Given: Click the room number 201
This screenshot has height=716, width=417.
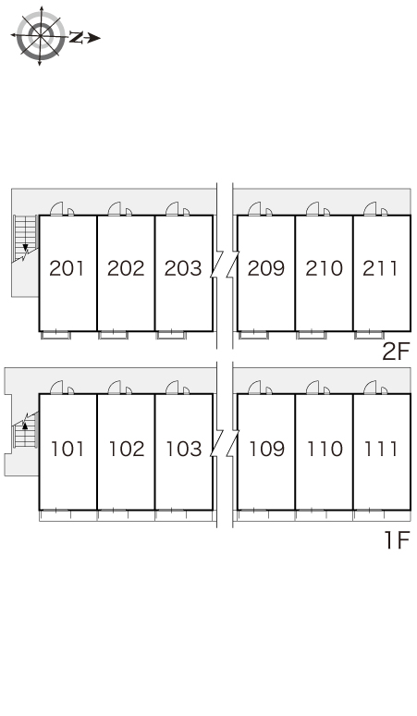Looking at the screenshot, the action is pyautogui.click(x=67, y=268).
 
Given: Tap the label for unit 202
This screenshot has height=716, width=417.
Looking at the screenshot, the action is pyautogui.click(x=126, y=268).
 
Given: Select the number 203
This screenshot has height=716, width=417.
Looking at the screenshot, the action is pyautogui.click(x=183, y=268).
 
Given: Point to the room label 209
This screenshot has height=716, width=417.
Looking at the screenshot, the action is pyautogui.click(x=266, y=268).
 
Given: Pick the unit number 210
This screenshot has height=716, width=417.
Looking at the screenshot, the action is pyautogui.click(x=324, y=268).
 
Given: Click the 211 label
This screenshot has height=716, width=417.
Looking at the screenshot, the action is pyautogui.click(x=380, y=268).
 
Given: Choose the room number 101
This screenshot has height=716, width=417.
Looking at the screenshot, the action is pyautogui.click(x=67, y=449).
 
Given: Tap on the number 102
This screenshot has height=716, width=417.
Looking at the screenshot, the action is pyautogui.click(x=126, y=449).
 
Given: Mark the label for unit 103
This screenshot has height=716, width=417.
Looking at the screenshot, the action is pyautogui.click(x=183, y=449).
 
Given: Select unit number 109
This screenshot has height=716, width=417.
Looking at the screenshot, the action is pyautogui.click(x=266, y=449).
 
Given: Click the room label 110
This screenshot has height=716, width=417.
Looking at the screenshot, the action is pyautogui.click(x=325, y=449).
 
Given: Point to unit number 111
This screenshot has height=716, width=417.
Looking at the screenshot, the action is pyautogui.click(x=380, y=449).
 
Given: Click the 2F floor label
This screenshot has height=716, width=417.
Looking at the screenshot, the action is pyautogui.click(x=396, y=352).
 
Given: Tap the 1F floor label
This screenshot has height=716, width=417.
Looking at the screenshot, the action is pyautogui.click(x=398, y=540).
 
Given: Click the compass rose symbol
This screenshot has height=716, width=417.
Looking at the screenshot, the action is pyautogui.click(x=41, y=36).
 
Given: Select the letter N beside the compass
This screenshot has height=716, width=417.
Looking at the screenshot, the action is pyautogui.click(x=76, y=38).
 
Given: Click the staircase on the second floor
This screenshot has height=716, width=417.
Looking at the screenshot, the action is pyautogui.click(x=25, y=239).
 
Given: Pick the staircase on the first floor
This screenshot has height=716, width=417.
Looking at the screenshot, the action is pyautogui.click(x=25, y=430).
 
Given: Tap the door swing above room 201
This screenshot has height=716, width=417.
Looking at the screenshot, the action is pyautogui.click(x=56, y=209).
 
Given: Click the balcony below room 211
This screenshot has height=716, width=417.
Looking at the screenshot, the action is pyautogui.click(x=370, y=335).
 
